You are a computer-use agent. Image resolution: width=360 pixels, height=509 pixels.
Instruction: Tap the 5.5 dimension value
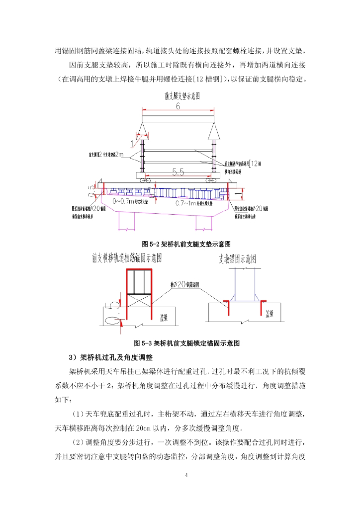coord(178,172)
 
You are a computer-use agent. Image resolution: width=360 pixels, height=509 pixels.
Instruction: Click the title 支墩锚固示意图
coord(237,259)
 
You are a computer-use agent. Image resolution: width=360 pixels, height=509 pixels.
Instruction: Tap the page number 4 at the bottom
coord(186,476)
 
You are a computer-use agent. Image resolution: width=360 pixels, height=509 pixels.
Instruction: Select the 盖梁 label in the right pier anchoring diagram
coord(270,314)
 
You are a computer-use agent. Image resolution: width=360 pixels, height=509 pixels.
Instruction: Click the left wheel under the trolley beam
coord(144,181)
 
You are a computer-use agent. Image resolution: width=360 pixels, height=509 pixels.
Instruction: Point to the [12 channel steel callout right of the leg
coord(256,163)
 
